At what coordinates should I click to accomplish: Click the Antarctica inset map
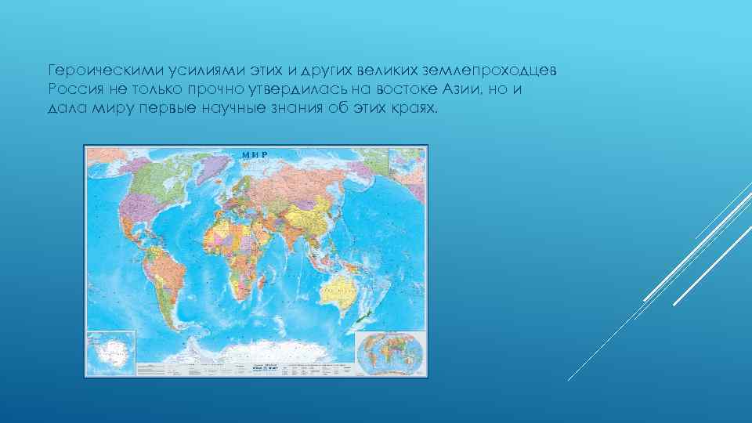pos(110,352)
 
